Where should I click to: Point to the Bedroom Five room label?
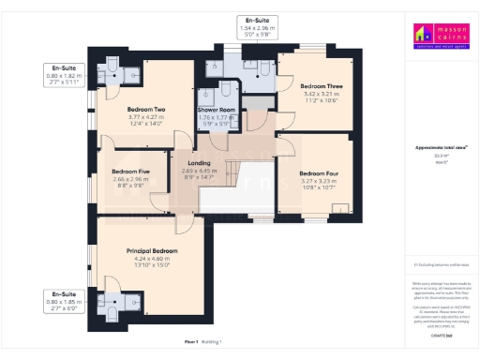click(x=130, y=172)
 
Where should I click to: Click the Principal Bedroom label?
click(x=152, y=251)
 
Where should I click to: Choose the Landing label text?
click(x=204, y=163)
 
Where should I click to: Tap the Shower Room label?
click(x=216, y=111)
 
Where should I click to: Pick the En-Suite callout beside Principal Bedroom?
click(x=65, y=301)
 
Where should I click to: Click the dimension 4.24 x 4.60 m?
click(x=152, y=259)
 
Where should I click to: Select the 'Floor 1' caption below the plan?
click(x=192, y=343)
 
